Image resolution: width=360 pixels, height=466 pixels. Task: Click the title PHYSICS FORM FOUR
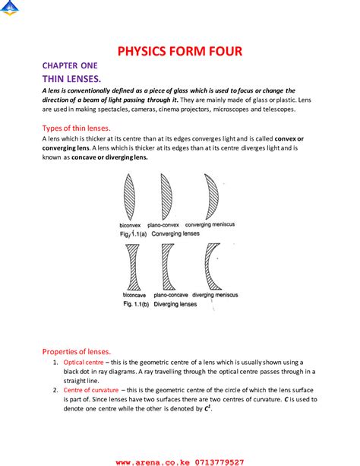179,52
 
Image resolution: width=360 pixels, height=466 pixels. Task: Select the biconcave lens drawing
131,265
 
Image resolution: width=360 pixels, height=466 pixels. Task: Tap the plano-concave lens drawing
168,265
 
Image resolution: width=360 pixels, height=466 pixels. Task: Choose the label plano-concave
171,293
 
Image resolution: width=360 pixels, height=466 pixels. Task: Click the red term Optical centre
84,363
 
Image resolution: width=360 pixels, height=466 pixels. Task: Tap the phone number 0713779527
216,461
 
